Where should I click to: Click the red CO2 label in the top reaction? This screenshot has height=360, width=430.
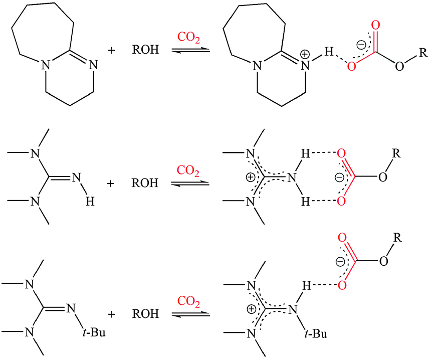[188, 37]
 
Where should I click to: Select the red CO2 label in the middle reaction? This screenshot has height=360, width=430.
[188, 170]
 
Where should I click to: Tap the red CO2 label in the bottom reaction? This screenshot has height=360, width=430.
[188, 301]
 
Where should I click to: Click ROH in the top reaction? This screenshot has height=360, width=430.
[145, 50]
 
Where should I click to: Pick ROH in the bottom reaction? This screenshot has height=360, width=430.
[145, 314]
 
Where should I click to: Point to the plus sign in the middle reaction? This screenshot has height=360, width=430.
[110, 183]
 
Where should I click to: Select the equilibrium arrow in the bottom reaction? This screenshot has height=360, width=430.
[191, 314]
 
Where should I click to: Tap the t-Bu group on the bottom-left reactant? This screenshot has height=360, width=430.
[94, 332]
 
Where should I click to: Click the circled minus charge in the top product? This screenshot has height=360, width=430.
[362, 44]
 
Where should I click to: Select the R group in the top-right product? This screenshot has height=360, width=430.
[423, 53]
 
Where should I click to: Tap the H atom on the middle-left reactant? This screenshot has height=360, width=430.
[90, 202]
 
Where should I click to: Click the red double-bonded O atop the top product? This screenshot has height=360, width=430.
[376, 25]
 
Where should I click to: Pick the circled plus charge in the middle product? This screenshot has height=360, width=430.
[251, 177]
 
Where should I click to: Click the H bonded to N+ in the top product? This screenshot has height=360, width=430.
[329, 51]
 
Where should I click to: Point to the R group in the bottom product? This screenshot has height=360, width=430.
[397, 238]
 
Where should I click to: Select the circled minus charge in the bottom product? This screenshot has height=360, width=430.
[340, 262]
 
